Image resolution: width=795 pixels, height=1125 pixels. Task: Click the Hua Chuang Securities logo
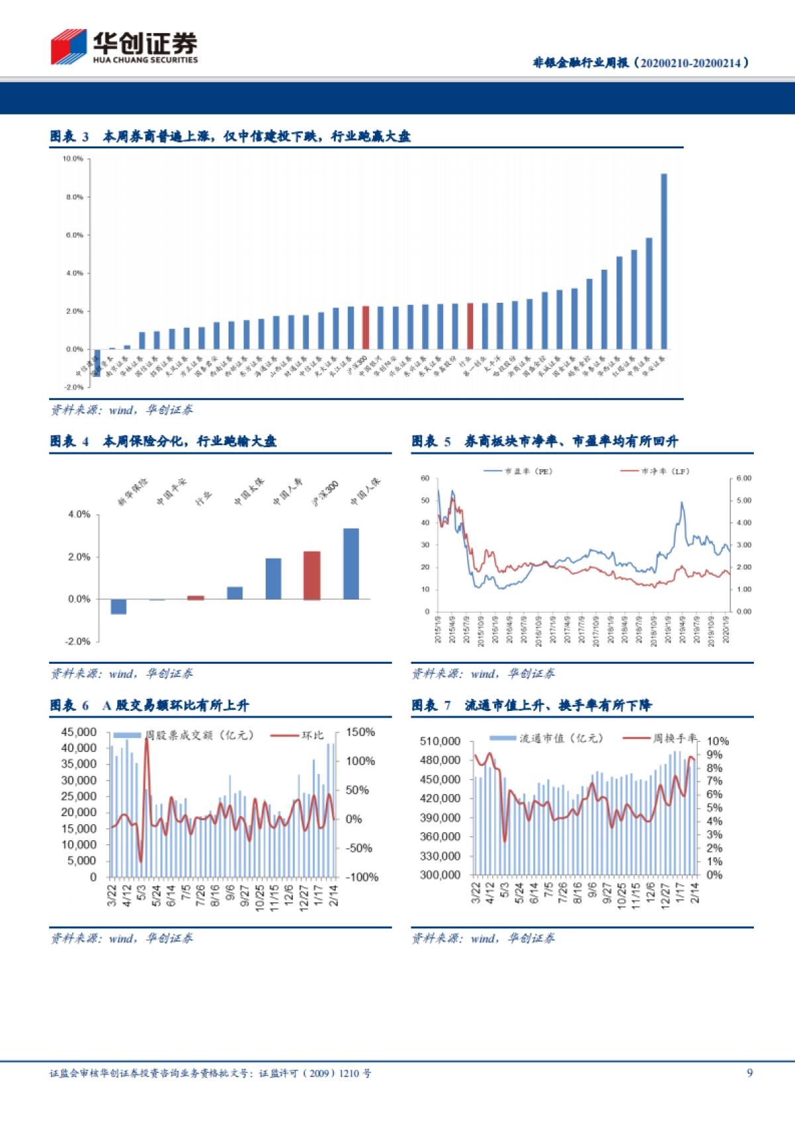pos(124,46)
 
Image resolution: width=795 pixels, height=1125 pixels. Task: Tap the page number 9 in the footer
pos(749,1073)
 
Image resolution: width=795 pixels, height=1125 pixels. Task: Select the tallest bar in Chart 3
pos(664,261)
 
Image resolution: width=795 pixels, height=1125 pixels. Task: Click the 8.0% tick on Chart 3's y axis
pos(74,197)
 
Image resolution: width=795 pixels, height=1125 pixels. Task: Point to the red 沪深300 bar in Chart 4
pos(312,575)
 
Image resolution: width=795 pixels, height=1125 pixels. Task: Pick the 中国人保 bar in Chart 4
pos(351,563)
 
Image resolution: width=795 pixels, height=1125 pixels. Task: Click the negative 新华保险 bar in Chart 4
pos(119,606)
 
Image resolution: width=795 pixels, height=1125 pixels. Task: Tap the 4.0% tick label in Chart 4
pos(79,514)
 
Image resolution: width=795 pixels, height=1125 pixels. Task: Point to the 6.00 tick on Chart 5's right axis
pos(744,478)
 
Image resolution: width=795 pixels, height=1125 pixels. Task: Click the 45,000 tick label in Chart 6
pos(79,732)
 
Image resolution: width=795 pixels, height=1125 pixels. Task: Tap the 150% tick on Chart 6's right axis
pos(360,732)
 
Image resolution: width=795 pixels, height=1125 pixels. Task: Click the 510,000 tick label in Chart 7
pos(440,741)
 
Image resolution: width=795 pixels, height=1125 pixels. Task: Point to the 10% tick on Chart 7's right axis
pos(717,741)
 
